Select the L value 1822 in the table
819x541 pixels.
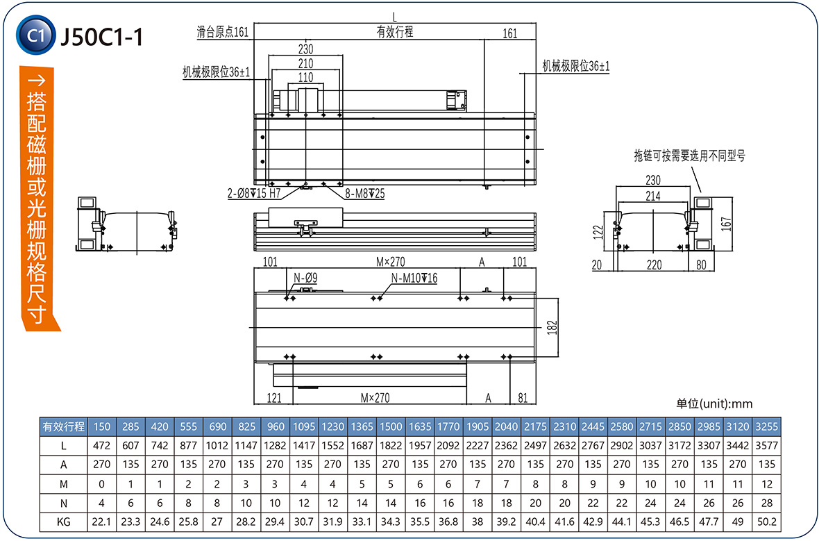[x=391, y=445]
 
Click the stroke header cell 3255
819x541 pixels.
[x=767, y=426]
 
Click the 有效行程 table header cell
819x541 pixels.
[x=63, y=426]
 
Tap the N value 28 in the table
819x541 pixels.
[x=767, y=503]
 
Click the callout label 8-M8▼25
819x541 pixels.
[x=364, y=194]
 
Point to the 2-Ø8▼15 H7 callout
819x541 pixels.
[x=253, y=193]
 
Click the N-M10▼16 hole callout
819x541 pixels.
[x=414, y=278]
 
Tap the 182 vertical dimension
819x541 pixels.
[x=552, y=327]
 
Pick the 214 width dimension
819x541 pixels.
[x=652, y=197]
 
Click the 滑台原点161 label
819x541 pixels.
[x=222, y=32]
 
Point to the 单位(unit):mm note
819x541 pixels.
[x=714, y=403]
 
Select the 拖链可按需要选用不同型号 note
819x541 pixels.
[x=689, y=156]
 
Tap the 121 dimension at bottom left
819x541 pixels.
[x=275, y=398]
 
